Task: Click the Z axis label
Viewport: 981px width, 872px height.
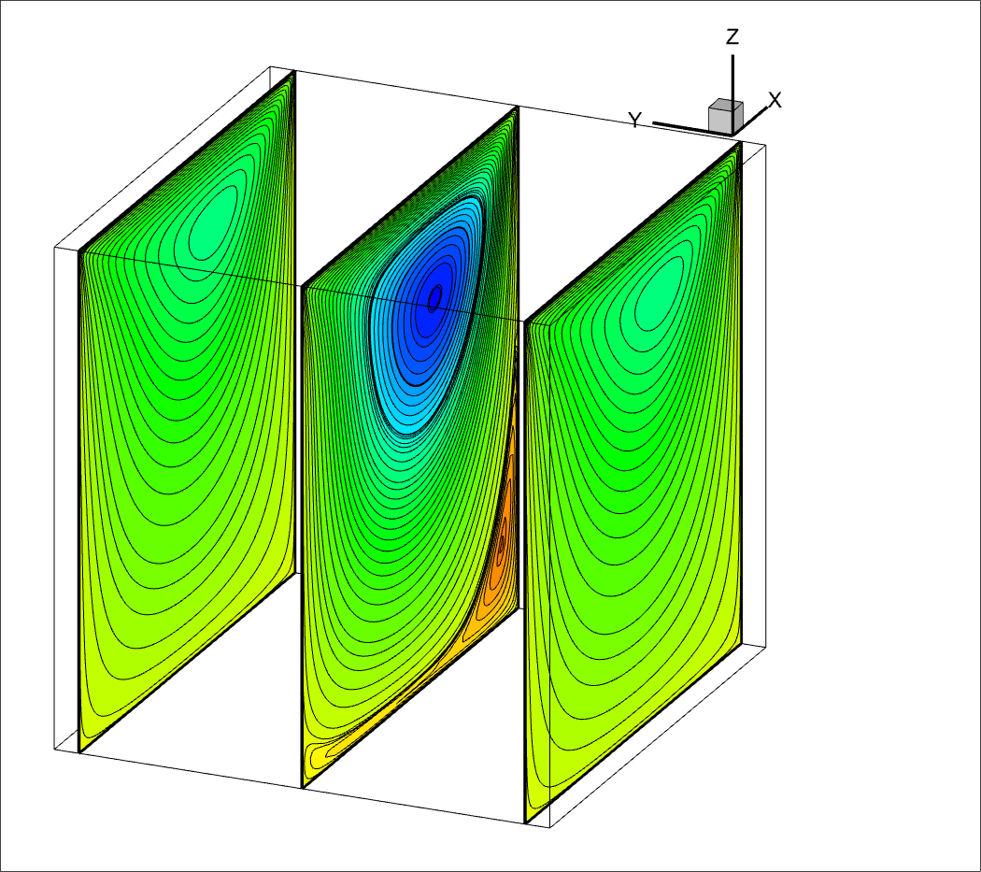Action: coord(732,37)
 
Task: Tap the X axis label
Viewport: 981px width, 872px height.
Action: coord(775,100)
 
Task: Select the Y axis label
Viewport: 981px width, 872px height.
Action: coord(635,120)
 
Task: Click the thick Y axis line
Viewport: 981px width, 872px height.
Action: coord(691,128)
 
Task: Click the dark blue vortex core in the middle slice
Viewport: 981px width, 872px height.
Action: coord(434,297)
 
